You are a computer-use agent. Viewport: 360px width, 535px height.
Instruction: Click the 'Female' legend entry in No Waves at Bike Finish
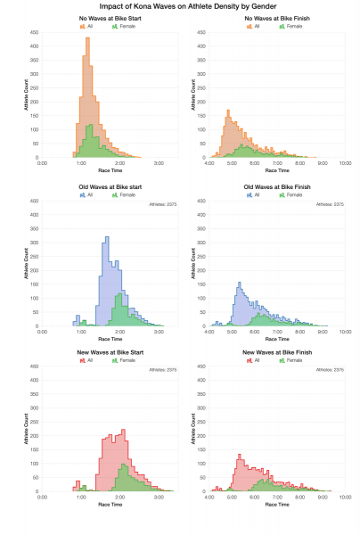point(290,27)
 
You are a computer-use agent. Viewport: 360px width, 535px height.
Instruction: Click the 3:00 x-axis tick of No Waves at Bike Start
point(159,163)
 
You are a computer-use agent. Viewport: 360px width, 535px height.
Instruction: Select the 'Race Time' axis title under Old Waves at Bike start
point(110,339)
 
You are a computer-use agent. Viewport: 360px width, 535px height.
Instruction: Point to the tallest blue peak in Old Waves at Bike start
point(107,238)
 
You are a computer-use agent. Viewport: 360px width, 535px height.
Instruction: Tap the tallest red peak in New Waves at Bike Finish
point(239,457)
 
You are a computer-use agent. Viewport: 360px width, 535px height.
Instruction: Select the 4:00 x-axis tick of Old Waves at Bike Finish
point(209,330)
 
